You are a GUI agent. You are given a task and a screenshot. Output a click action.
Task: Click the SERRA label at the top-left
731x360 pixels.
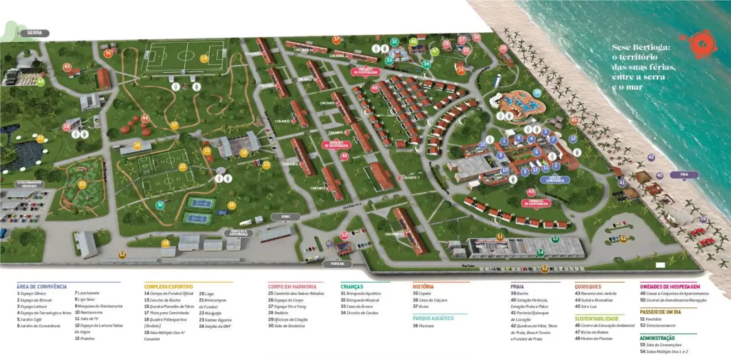point(34,33)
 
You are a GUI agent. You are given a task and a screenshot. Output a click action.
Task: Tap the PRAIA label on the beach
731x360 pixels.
point(684,174)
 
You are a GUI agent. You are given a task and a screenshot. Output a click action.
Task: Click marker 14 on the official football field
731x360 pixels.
point(204,59)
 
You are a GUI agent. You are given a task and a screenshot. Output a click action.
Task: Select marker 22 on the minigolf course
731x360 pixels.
point(83,184)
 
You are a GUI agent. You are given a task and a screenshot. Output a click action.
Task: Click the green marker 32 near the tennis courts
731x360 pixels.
point(161,205)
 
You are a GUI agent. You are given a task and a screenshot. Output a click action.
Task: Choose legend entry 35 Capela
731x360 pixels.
point(425,293)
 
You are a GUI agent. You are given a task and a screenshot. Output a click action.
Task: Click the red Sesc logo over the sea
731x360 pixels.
point(694,45)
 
